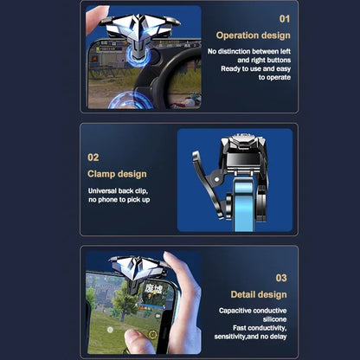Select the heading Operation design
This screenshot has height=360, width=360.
point(253,35)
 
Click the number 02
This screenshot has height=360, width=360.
point(93,157)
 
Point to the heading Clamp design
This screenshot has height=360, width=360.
point(117,174)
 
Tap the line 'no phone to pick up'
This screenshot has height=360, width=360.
point(119,200)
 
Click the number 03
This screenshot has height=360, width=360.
point(281,278)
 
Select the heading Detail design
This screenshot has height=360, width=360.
point(259,295)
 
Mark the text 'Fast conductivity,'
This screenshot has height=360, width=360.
point(259,327)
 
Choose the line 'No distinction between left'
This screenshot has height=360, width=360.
point(248,52)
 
